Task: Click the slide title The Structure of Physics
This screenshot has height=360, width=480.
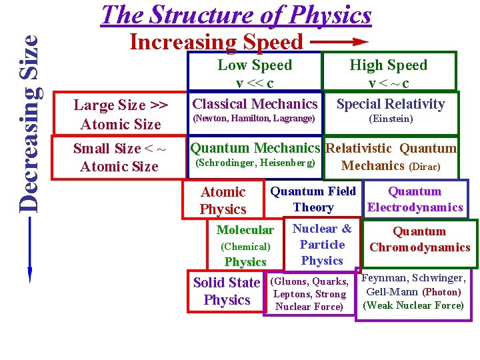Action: pos(235,15)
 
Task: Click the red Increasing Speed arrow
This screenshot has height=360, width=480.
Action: pos(340,41)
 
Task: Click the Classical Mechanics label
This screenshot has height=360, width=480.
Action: pos(255,104)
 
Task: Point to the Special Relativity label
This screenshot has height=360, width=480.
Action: pos(390,104)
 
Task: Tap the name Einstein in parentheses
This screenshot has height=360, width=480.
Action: pos(391,119)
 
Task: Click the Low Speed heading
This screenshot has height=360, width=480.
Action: pos(255,65)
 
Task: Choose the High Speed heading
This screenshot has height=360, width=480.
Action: pos(389,65)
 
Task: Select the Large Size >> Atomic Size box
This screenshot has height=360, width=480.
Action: pos(121,115)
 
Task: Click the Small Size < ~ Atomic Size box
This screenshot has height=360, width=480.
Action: pos(119,158)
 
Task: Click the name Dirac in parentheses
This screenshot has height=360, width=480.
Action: pos(424,167)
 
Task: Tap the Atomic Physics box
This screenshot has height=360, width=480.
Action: pos(223,201)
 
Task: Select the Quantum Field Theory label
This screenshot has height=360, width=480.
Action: pos(313,199)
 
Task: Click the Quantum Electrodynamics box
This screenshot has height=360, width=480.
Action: pos(415,199)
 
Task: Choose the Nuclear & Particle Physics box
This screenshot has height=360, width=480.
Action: pos(322,245)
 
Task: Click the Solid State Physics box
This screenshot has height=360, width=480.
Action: pos(226,291)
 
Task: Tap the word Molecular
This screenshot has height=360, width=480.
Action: pos(245,230)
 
